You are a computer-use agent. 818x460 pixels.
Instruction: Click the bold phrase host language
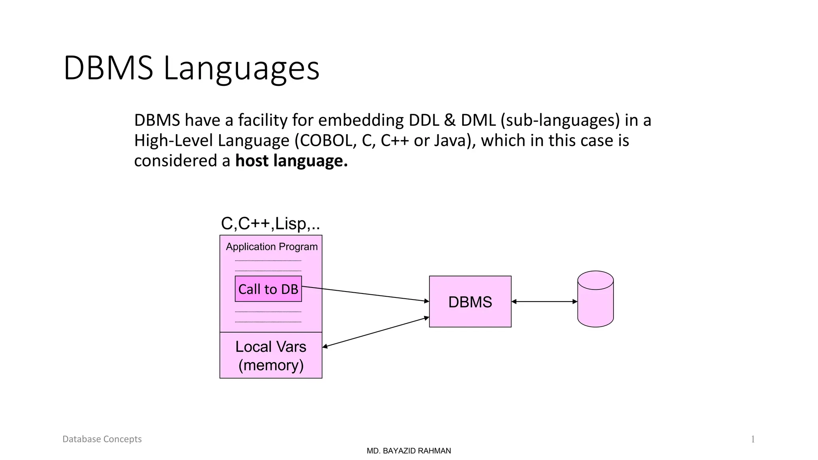[291, 161]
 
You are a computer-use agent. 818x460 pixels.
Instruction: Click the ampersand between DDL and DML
[450, 120]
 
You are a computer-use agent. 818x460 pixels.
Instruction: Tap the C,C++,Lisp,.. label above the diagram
[270, 224]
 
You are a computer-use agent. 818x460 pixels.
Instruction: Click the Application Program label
[272, 247]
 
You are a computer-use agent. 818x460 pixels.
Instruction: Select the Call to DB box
[268, 289]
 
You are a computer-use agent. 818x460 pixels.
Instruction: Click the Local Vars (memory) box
[271, 355]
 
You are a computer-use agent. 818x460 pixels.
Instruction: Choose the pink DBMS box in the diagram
[470, 302]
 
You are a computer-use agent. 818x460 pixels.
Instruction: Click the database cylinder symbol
[595, 299]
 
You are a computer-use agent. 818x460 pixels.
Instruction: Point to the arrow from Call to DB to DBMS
[365, 294]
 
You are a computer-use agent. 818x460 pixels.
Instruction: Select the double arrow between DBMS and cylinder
[544, 301]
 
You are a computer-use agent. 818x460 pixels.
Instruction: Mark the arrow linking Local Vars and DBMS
[375, 332]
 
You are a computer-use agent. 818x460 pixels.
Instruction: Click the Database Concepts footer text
[102, 439]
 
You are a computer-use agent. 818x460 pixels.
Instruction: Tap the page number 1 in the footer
[753, 440]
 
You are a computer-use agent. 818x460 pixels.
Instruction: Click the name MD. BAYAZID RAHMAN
[409, 451]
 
